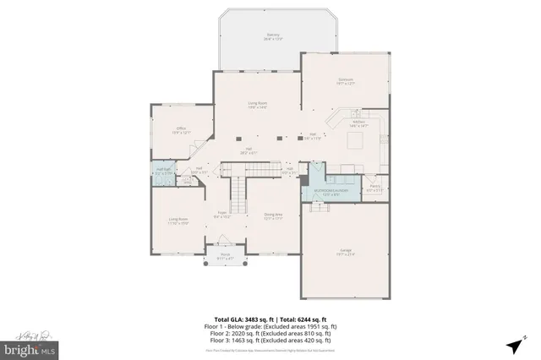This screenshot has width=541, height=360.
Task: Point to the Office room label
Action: coord(180,131)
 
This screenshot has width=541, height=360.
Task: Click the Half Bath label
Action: coord(164,172)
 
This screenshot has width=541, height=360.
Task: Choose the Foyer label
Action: coord(221,215)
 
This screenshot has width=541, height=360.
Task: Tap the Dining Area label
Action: coord(273,216)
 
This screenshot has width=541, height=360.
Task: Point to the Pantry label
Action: coord(374,188)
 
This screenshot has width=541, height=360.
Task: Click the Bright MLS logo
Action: coord(29,347)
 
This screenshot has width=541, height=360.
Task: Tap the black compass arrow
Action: coord(514,345)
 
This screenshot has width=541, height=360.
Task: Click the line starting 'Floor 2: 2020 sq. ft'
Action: coord(270,332)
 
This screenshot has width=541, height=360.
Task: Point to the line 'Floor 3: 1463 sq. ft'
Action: coord(270,340)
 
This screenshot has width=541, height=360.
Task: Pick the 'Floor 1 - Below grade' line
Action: coord(270,325)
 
